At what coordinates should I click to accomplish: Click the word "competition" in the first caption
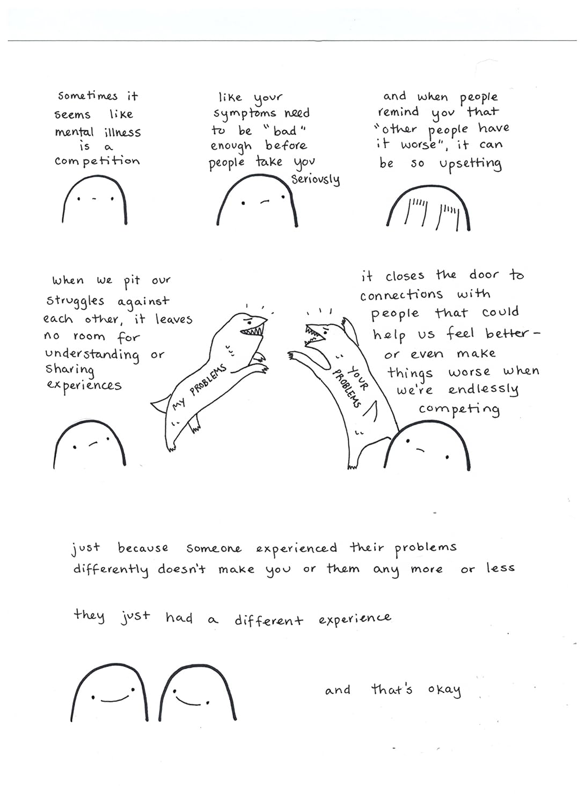97,162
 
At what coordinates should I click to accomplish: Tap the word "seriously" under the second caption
316,179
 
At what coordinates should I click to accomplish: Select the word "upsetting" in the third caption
470,164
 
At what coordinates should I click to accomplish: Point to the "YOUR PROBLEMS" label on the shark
350,386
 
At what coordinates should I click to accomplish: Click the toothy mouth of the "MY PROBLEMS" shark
253,330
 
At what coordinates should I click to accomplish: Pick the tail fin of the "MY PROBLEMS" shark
160,404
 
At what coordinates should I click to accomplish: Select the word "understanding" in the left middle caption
92,355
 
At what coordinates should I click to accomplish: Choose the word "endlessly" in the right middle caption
484,390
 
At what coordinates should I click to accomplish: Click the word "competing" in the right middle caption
459,409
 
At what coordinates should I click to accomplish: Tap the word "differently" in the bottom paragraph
111,569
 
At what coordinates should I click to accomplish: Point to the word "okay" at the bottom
444,690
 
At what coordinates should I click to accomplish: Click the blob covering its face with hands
428,208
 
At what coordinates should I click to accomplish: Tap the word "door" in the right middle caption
484,275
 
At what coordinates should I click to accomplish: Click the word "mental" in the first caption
74,131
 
